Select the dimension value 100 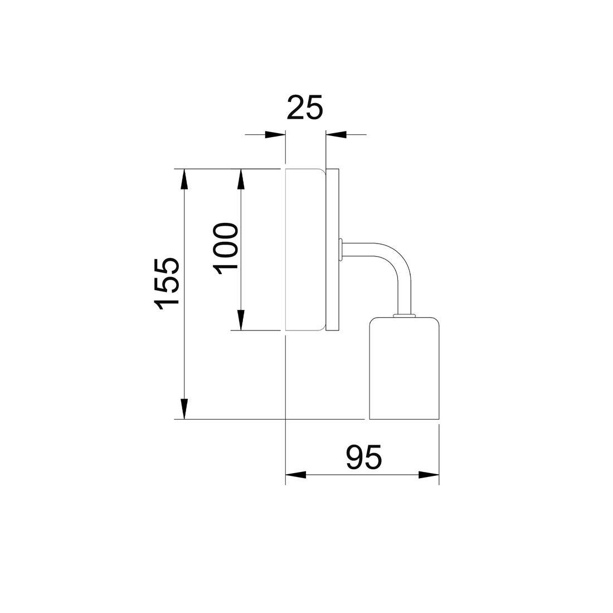coord(226,249)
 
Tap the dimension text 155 coord(167,284)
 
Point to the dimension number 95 coord(363,456)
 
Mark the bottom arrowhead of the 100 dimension coord(241,320)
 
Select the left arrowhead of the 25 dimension coord(275,134)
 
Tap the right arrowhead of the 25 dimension coord(336,134)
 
